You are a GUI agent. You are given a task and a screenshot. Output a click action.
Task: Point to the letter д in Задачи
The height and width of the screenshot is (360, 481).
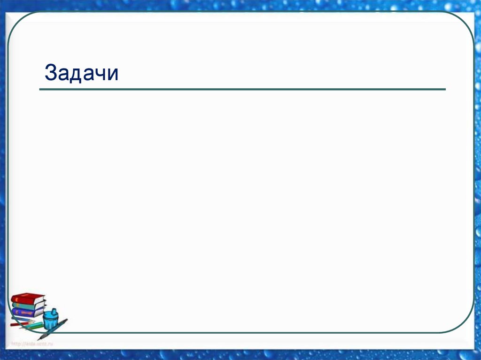77,74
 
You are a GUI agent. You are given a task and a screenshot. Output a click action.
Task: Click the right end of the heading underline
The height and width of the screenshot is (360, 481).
444,89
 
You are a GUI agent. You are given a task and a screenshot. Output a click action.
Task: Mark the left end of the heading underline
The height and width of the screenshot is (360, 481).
40,89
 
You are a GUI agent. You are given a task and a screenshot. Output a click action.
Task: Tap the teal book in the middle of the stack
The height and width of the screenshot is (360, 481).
28,306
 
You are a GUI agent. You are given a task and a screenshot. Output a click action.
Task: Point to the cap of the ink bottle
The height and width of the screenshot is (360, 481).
54,312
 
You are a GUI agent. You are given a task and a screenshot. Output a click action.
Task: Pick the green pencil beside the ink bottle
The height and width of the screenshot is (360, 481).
33,325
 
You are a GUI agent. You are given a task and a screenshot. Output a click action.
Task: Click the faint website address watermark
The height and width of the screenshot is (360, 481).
33,344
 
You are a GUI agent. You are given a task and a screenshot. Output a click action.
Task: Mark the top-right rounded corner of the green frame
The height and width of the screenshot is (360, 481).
465,21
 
